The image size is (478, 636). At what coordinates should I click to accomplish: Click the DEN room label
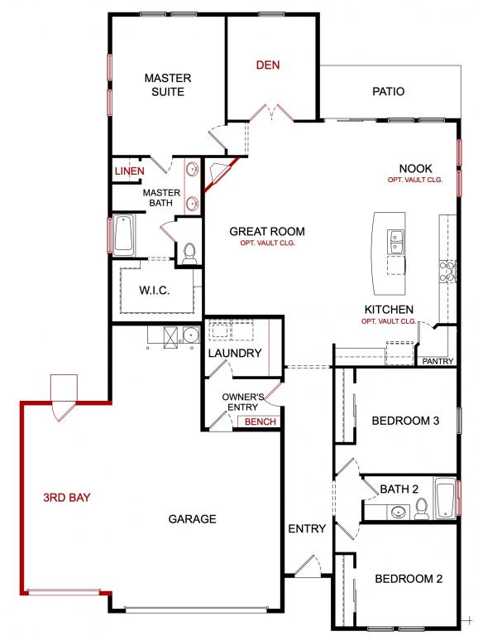click(268, 65)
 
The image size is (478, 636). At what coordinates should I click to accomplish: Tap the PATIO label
click(388, 91)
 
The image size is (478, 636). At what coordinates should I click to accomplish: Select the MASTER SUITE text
click(168, 84)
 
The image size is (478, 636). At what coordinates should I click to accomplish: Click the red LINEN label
click(129, 171)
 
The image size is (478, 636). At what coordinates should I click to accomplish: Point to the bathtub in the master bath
click(123, 235)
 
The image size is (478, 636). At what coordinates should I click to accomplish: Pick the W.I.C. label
click(155, 291)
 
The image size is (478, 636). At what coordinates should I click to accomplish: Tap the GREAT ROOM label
click(267, 232)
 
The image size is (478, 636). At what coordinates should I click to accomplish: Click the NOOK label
click(415, 168)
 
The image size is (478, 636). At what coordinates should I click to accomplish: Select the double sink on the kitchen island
click(396, 242)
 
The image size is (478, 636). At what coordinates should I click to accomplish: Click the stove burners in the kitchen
click(447, 272)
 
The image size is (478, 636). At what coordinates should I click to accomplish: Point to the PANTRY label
click(437, 361)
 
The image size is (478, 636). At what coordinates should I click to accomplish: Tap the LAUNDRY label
click(235, 353)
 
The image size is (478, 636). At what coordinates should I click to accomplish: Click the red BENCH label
click(260, 422)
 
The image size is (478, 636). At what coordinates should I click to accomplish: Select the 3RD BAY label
click(67, 497)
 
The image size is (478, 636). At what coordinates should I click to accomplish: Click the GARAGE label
click(192, 518)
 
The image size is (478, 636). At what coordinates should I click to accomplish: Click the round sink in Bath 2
click(398, 513)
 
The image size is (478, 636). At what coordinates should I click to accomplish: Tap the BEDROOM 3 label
click(405, 421)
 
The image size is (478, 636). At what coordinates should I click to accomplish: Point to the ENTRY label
click(307, 528)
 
